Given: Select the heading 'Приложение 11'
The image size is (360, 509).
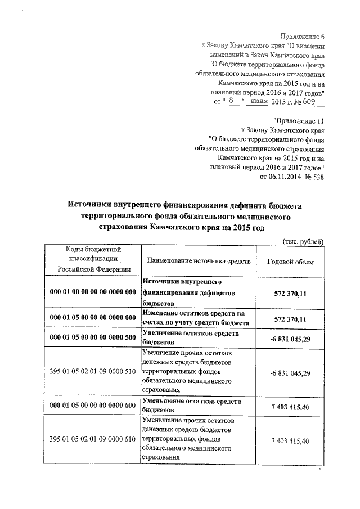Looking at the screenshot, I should pos(298,120).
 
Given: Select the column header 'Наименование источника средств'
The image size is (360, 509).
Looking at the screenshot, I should pos(195,262).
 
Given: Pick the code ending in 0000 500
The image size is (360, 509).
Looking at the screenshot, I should pos(93,337).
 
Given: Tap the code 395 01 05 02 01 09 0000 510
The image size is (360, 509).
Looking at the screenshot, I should pos(93,373).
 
